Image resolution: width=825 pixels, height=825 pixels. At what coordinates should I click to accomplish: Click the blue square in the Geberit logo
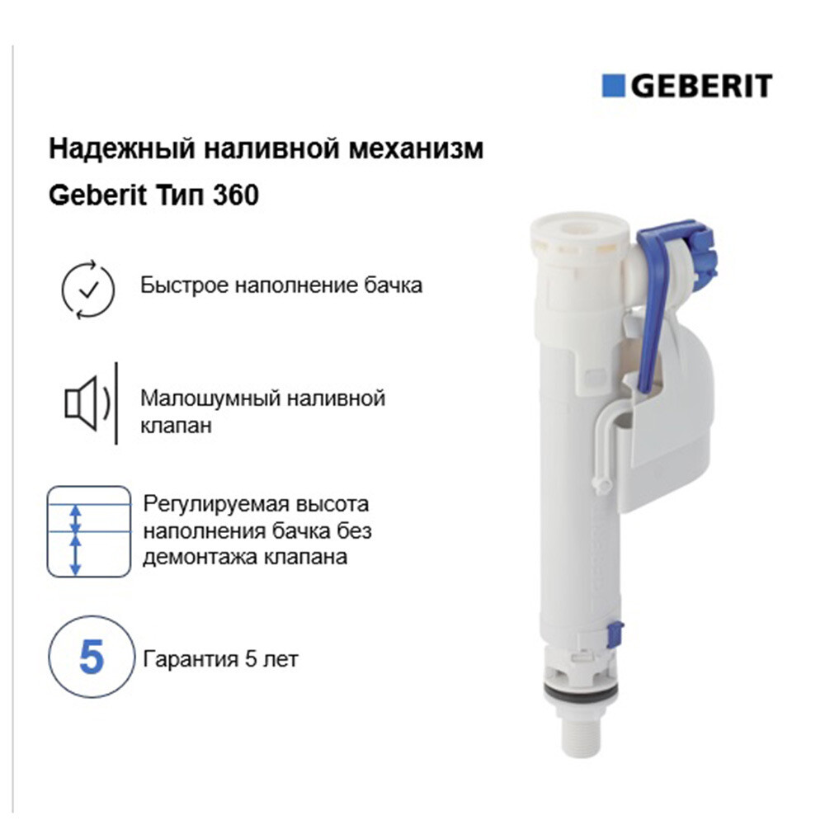(x=613, y=85)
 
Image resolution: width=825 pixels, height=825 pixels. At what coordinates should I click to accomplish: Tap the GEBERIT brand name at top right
(x=701, y=86)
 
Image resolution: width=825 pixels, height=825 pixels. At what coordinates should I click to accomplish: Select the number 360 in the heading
(x=236, y=196)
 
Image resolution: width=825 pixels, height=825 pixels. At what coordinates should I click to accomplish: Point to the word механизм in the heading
(x=417, y=148)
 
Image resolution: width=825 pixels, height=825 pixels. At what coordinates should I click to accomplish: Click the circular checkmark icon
(x=88, y=289)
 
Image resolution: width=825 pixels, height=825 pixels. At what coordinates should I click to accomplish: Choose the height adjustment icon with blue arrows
(x=89, y=531)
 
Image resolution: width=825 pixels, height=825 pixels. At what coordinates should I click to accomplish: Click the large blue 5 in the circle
(x=91, y=657)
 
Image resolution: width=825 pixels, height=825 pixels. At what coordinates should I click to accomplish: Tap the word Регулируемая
(x=214, y=504)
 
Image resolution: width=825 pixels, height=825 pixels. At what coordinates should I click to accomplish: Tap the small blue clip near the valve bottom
(x=615, y=634)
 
